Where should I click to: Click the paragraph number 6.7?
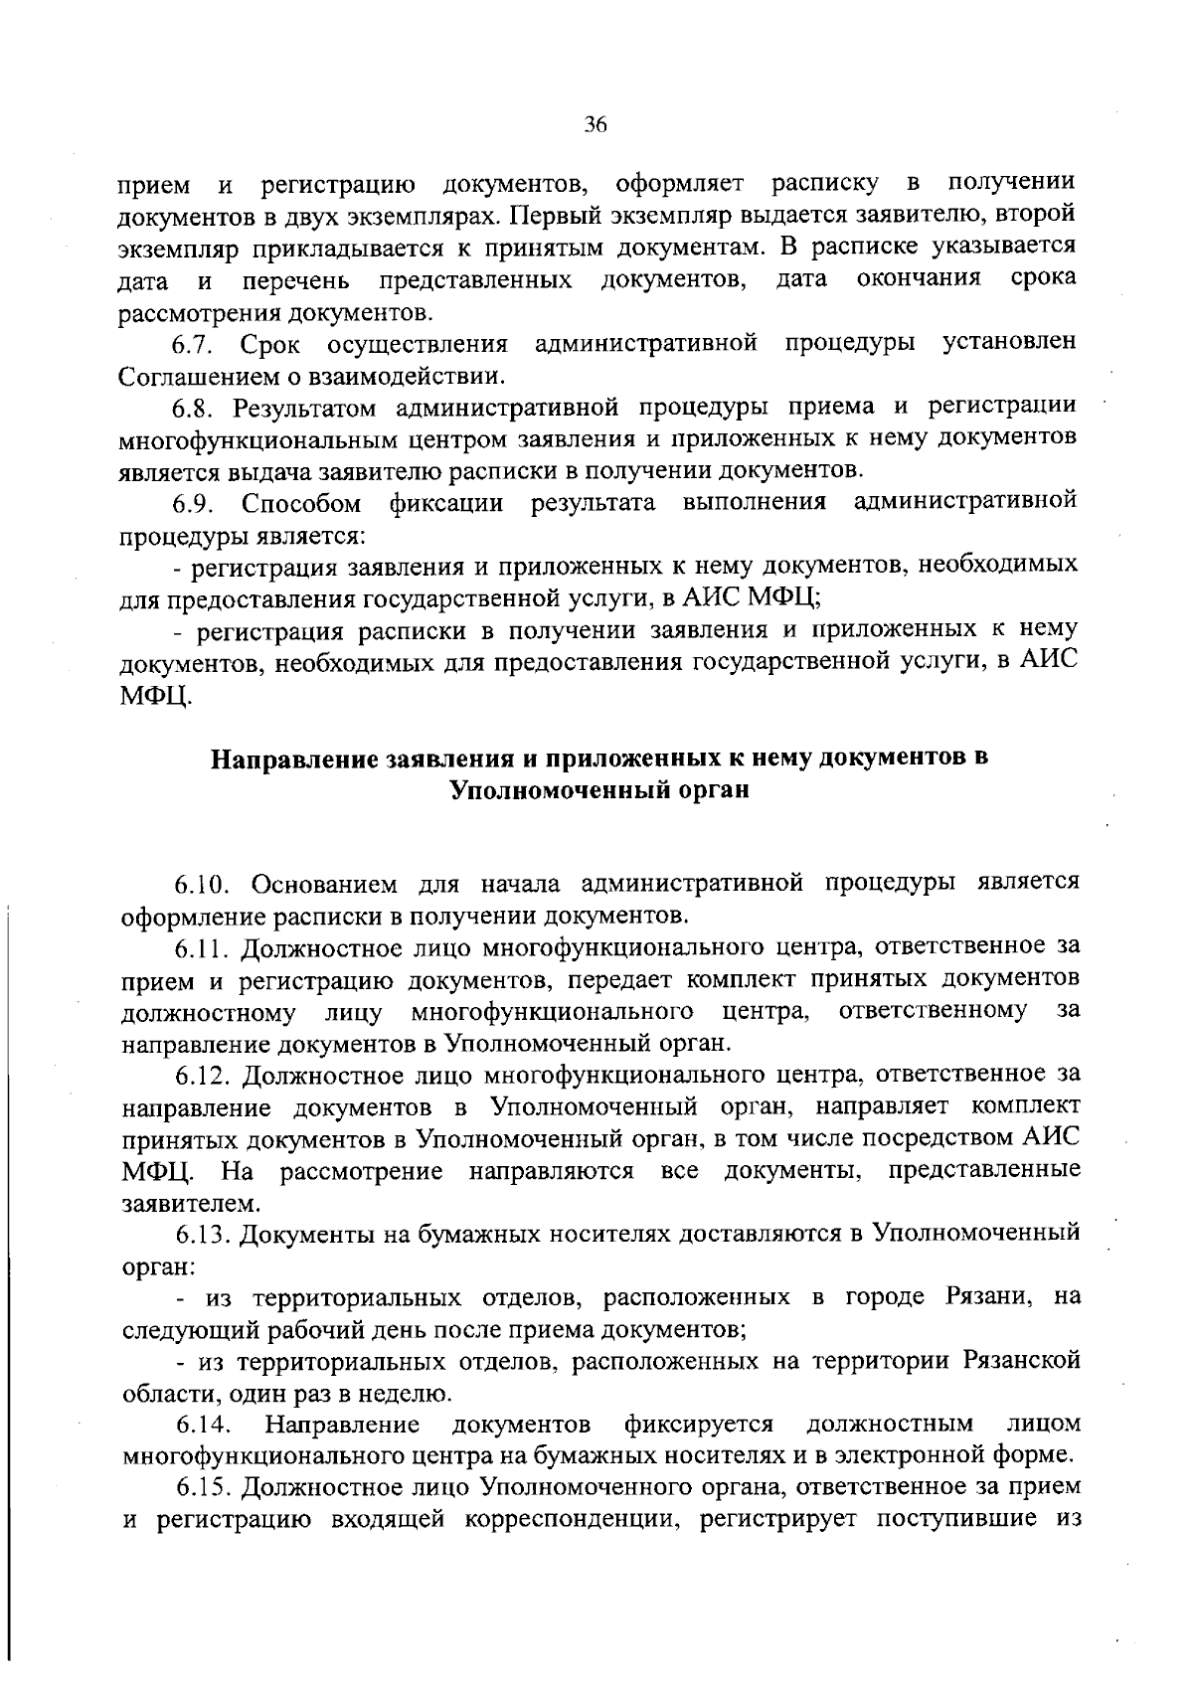point(193,344)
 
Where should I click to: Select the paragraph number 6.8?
point(193,408)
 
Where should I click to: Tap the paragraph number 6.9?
point(193,503)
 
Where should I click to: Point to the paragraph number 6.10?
point(203,884)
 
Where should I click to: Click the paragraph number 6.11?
point(203,947)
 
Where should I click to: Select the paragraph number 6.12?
point(203,1076)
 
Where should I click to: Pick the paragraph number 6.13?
point(203,1235)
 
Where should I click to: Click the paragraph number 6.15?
point(203,1489)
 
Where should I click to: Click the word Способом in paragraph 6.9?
point(301,503)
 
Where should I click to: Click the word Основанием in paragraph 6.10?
point(326,884)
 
